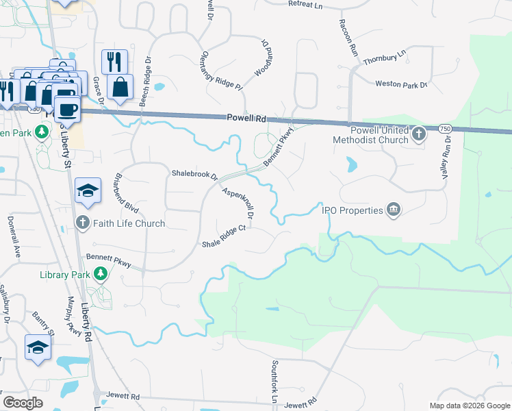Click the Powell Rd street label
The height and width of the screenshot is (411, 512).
246,119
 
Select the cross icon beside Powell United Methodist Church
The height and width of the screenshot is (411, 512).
420,135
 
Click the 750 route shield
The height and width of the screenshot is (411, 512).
445,129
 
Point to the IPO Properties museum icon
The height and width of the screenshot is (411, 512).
393,210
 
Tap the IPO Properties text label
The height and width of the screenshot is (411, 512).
353,210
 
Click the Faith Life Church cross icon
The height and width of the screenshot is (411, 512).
82,223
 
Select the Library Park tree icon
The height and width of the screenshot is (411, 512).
101,275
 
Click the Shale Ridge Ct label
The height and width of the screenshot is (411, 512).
223,236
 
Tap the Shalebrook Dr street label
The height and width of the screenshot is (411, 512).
194,175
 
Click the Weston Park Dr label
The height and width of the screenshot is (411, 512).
401,85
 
